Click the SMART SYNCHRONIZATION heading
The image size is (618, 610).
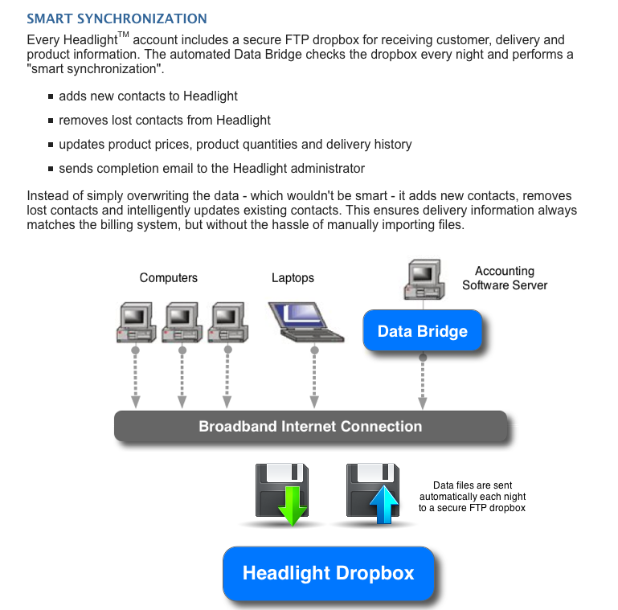[x=117, y=18]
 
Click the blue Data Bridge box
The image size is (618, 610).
[x=422, y=331]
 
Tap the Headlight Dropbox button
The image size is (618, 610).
[x=328, y=573]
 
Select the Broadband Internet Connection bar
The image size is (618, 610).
[x=310, y=426]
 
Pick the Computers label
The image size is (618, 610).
[x=168, y=277]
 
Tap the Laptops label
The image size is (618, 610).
[x=293, y=278]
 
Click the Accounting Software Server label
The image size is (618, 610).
[x=504, y=278]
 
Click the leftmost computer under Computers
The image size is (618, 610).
[x=136, y=321]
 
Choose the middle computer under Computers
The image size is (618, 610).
[x=181, y=321]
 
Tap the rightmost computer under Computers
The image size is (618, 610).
[x=227, y=321]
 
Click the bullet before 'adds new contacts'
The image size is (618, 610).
[x=51, y=96]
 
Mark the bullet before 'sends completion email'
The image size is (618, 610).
[x=51, y=169]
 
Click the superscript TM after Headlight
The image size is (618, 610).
[x=124, y=35]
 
